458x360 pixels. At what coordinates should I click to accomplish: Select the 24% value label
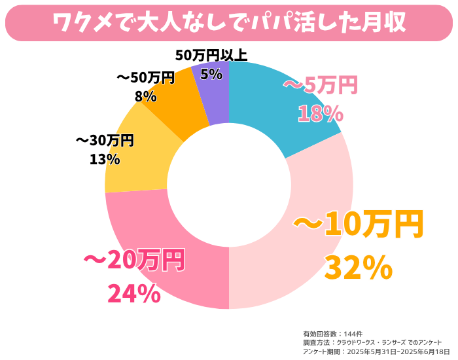(x=133, y=294)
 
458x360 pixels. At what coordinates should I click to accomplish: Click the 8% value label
(x=145, y=96)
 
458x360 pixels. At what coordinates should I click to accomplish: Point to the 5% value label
(x=211, y=74)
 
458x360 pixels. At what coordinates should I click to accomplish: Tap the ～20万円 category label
(x=134, y=260)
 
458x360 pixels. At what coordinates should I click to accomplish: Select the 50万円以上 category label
(x=211, y=56)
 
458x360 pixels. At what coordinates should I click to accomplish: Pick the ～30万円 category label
(x=105, y=140)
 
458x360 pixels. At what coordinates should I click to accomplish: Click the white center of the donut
(x=229, y=185)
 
